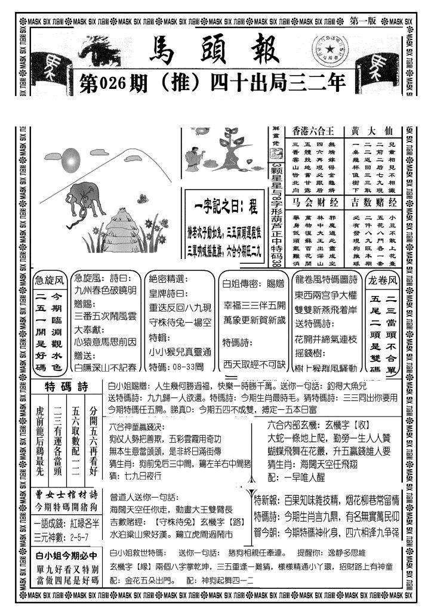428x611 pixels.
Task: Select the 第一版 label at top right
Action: pos(364,21)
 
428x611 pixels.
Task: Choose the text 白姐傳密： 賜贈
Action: pos(245,283)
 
